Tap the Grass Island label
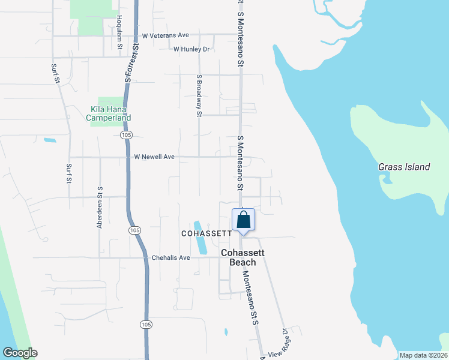[404, 167]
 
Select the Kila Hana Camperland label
[109, 113]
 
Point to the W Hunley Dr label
[191, 49]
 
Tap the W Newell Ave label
[154, 157]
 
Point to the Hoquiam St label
[119, 32]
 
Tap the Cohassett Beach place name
[243, 258]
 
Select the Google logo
[20, 353]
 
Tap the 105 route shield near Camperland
[125, 136]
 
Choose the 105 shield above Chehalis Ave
[135, 230]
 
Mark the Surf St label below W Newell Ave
[69, 173]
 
